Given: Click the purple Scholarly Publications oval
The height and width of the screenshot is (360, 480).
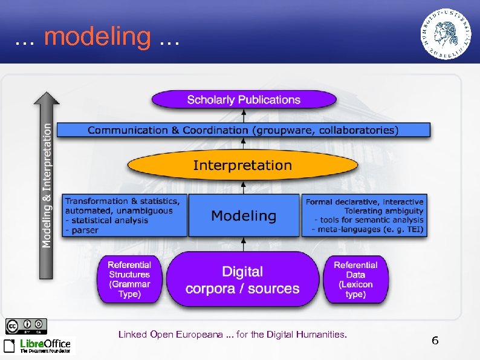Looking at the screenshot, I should click(x=243, y=100).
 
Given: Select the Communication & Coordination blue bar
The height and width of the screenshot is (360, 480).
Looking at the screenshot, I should click(x=243, y=130).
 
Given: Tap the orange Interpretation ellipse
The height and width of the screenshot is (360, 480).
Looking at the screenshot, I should click(x=242, y=165).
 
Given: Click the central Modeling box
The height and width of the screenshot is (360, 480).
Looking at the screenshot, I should click(x=244, y=215).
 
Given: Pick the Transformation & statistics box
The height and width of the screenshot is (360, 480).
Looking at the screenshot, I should click(x=124, y=215).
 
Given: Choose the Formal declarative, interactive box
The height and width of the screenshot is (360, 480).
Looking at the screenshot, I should click(x=365, y=215).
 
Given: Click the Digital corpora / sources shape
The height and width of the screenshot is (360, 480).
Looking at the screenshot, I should click(x=242, y=280).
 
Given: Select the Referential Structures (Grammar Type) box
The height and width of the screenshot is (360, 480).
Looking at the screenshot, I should click(x=129, y=280).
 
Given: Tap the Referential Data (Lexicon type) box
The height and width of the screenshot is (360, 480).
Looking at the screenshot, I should click(x=355, y=280).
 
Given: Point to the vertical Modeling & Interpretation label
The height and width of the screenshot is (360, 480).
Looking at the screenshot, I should click(x=47, y=185).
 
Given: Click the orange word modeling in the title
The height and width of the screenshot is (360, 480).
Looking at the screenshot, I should click(x=97, y=37).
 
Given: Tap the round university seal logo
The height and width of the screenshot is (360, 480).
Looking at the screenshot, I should click(x=447, y=34).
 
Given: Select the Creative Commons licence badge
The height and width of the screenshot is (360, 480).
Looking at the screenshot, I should click(x=26, y=326).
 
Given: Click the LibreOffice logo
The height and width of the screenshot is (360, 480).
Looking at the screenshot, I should click(x=37, y=345).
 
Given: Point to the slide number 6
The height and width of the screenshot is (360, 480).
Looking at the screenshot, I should click(x=435, y=341).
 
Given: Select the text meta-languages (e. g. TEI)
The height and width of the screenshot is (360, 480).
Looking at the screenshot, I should click(x=369, y=230).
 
